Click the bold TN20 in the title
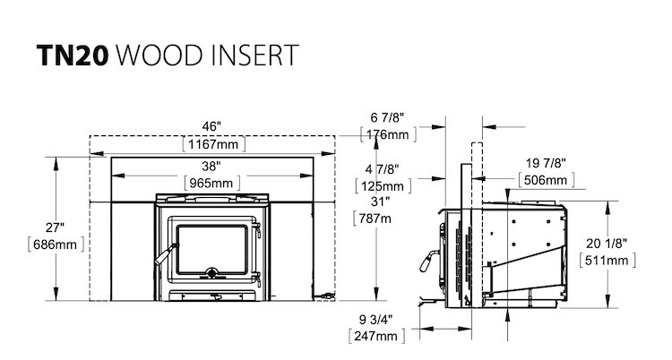pyautogui.click(x=73, y=56)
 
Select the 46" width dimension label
pyautogui.click(x=211, y=126)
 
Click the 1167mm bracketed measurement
pyautogui.click(x=213, y=144)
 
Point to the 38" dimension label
pyautogui.click(x=211, y=166)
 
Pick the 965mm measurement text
pyautogui.click(x=211, y=183)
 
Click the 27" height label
pyautogui.click(x=55, y=227)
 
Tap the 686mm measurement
pyautogui.click(x=56, y=244)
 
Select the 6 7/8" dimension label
pyautogui.click(x=387, y=117)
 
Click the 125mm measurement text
pyautogui.click(x=383, y=186)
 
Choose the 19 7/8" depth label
pyautogui.click(x=546, y=163)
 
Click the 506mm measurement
pyautogui.click(x=546, y=180)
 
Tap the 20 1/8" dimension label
pyautogui.click(x=607, y=244)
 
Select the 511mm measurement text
pyautogui.click(x=607, y=261)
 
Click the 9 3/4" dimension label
pyautogui.click(x=375, y=320)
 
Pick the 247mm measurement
pyautogui.click(x=375, y=337)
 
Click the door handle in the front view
pyautogui.click(x=166, y=254)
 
